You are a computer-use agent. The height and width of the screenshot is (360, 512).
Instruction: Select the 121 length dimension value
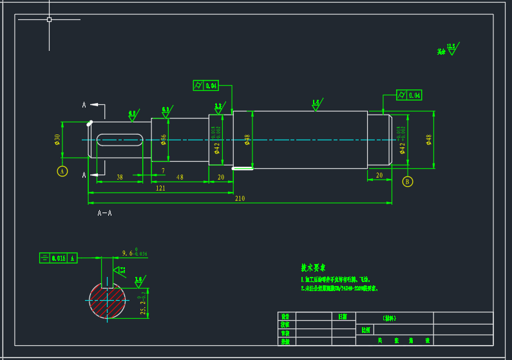pyautogui.click(x=160, y=188)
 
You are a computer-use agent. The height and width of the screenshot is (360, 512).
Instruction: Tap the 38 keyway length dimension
pyautogui.click(x=119, y=177)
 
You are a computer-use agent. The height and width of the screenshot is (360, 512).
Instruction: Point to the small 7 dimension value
pyautogui.click(x=163, y=171)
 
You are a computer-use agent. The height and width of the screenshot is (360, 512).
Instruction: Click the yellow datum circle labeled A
pyautogui.click(x=62, y=171)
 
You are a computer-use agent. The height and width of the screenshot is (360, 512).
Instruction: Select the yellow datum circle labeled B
pyautogui.click(x=407, y=182)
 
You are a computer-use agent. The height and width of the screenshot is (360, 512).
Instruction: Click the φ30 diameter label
pyautogui.click(x=57, y=139)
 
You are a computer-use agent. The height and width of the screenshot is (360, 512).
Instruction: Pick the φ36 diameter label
pyautogui.click(x=164, y=139)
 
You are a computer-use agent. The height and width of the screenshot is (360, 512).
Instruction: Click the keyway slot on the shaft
pyautogui.click(x=119, y=139)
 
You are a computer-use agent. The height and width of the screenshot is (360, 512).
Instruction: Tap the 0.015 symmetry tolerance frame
pyautogui.click(x=58, y=258)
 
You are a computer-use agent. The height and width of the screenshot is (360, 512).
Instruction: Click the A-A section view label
pyautogui.click(x=104, y=213)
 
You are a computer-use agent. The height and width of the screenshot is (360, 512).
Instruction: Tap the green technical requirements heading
pyautogui.click(x=314, y=267)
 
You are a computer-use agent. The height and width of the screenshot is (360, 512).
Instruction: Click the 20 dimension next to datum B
pyautogui.click(x=379, y=175)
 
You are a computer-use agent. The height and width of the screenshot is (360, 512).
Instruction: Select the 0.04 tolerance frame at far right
pyautogui.click(x=409, y=95)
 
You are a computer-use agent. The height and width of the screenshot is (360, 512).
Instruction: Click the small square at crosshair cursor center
pyautogui.click(x=50, y=19)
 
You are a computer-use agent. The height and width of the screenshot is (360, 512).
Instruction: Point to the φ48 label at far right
pyautogui.click(x=429, y=139)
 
